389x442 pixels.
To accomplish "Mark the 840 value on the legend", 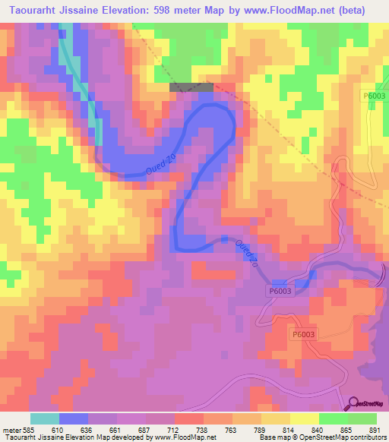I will click(x=306, y=429).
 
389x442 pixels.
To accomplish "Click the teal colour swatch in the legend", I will click(x=45, y=418).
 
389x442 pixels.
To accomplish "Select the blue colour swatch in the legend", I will click(x=74, y=418).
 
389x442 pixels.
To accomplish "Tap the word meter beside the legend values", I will click(x=11, y=429).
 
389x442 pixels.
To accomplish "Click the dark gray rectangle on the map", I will click(x=185, y=87).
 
